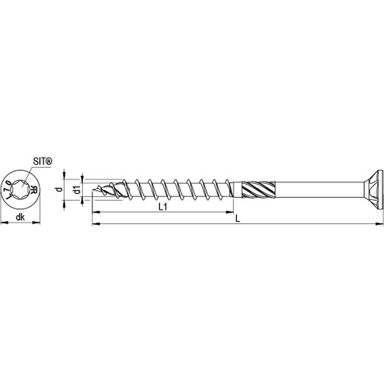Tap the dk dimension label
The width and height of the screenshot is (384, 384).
(20, 209)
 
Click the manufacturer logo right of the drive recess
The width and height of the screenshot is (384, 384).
(33, 191)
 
